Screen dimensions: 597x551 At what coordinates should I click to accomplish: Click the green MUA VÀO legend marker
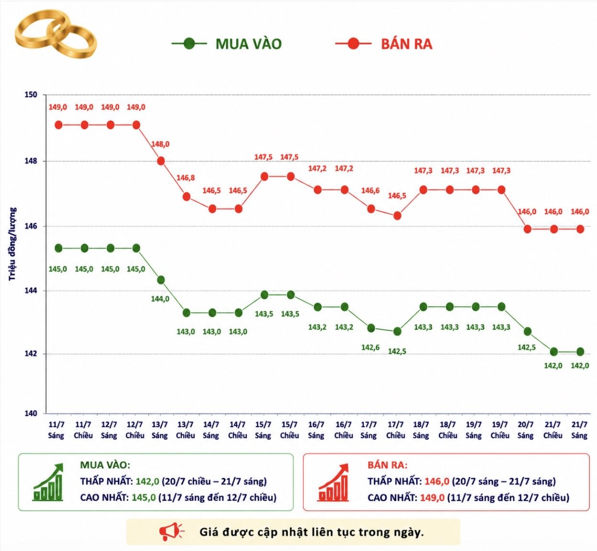coord(189,44)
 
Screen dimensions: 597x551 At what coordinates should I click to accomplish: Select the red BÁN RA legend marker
coord(353,44)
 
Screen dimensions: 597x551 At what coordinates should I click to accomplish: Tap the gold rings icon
coord(56,34)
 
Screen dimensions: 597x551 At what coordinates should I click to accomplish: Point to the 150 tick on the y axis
coord(31,95)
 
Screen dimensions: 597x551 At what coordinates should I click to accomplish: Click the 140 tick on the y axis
coord(31,413)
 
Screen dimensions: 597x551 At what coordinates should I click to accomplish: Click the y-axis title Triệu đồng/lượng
coord(12,244)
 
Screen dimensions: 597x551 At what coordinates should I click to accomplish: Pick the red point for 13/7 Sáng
coord(161,161)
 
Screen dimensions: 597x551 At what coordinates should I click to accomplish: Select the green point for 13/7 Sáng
coord(161,280)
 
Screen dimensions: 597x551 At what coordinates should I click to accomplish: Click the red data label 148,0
coord(160,144)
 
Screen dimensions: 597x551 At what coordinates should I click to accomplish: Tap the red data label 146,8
coord(185,178)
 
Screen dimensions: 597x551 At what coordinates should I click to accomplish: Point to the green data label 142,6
coord(370,347)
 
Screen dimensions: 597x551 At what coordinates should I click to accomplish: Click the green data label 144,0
coord(160,299)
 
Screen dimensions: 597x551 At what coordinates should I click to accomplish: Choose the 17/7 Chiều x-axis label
coord(396,430)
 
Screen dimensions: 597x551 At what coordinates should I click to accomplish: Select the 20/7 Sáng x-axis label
coord(526,430)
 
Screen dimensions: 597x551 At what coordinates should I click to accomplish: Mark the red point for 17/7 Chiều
coord(397,216)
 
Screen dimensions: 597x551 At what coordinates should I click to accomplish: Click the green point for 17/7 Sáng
coord(371,328)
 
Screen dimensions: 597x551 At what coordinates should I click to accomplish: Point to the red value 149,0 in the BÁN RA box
coord(432,497)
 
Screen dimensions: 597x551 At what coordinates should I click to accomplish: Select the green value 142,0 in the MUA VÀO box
coord(147,481)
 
